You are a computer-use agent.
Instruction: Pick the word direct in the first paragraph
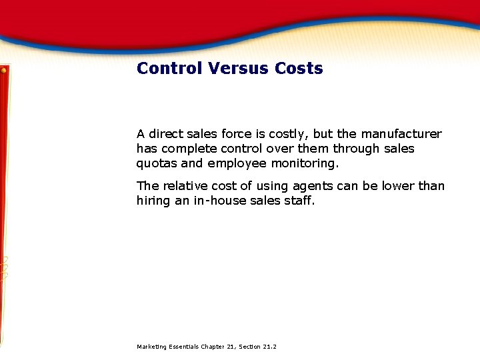tap(167, 134)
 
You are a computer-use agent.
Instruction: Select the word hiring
tap(153, 201)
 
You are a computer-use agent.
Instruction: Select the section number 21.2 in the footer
tap(269, 347)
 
